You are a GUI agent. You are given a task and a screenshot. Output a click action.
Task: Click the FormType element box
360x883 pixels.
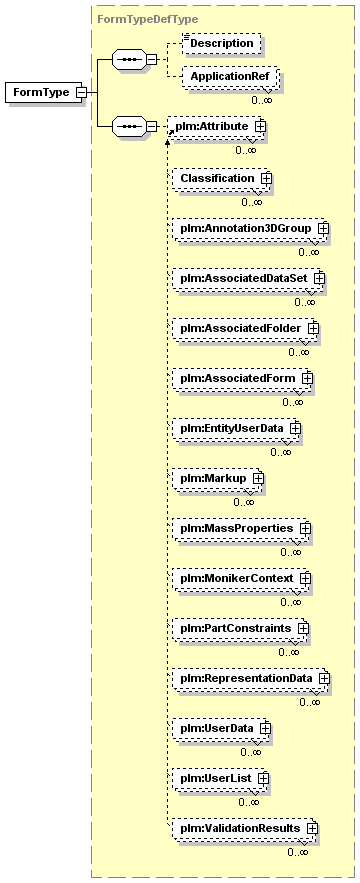pyautogui.click(x=45, y=92)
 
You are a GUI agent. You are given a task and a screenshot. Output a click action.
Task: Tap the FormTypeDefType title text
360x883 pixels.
pyautogui.click(x=148, y=20)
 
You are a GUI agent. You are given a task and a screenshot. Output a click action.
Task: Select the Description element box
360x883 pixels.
pyautogui.click(x=221, y=43)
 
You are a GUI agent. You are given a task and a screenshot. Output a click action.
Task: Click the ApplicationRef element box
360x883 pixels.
pyautogui.click(x=229, y=77)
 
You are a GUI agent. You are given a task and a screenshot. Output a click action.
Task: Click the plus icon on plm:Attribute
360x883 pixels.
pyautogui.click(x=260, y=127)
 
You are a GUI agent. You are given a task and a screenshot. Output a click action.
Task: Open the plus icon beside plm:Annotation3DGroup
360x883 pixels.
pyautogui.click(x=323, y=229)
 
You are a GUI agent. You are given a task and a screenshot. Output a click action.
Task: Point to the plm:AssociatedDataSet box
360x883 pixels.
pyautogui.click(x=248, y=278)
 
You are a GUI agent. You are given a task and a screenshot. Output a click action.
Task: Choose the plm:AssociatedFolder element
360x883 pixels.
pyautogui.click(x=245, y=328)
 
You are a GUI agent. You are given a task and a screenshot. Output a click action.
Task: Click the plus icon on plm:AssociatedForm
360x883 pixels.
pyautogui.click(x=307, y=378)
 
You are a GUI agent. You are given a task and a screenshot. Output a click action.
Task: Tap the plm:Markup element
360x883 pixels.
pyautogui.click(x=218, y=478)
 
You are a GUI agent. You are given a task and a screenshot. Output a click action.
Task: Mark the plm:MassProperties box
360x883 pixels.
pyautogui.click(x=242, y=528)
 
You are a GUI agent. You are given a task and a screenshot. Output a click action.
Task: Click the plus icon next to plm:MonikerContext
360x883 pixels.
pyautogui.click(x=305, y=578)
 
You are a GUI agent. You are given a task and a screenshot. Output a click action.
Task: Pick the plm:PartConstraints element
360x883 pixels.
pyautogui.click(x=241, y=628)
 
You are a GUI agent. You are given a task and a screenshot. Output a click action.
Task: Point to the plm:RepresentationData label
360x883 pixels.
pyautogui.click(x=246, y=678)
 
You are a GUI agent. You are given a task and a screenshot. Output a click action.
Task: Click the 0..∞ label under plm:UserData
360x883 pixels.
pyautogui.click(x=251, y=752)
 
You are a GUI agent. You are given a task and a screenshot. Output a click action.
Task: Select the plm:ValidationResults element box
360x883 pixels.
pyautogui.click(x=245, y=828)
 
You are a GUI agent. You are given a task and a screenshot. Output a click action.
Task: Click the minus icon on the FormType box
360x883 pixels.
pyautogui.click(x=81, y=92)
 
